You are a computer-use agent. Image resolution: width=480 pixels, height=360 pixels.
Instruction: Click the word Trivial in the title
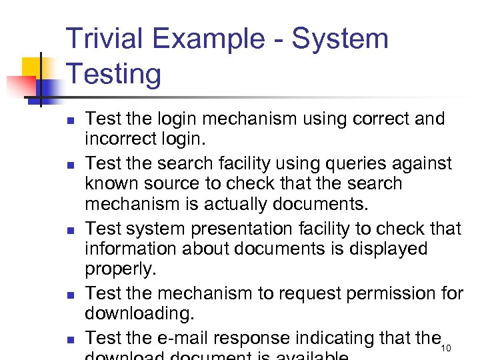107,39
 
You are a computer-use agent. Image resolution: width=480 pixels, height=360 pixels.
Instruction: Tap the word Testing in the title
114,73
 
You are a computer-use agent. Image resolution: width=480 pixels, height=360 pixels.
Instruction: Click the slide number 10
447,349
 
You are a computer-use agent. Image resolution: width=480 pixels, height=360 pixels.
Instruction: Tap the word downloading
138,313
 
